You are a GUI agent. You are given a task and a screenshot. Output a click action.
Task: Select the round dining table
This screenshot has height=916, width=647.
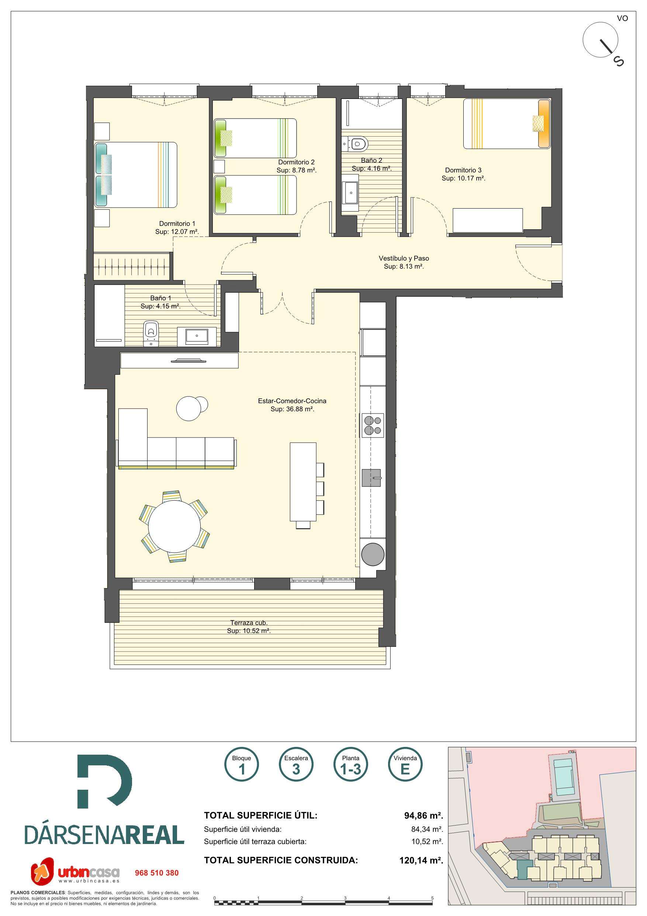pos(174,526)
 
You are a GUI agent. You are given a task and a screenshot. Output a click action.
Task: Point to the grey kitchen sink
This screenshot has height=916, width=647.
pos(371,477)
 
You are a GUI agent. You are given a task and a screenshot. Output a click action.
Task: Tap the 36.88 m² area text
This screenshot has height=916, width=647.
pos(292,409)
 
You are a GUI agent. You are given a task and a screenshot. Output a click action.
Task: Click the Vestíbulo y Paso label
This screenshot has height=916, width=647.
pos(404,258)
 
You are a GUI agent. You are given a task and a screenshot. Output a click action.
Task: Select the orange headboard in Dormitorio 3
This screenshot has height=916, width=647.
pos(544,124)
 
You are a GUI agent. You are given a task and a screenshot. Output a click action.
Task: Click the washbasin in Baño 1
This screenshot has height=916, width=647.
pos(197,336)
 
